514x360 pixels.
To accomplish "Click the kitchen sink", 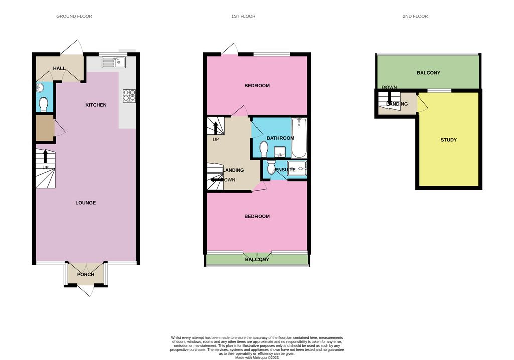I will pyautogui.click(x=113, y=62).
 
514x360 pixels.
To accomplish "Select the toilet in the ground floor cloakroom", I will pyautogui.click(x=44, y=104).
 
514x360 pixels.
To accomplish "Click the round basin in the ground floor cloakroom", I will pyautogui.click(x=41, y=88).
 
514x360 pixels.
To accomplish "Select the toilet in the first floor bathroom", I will pyautogui.click(x=264, y=149).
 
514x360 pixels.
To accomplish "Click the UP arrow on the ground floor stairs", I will pyautogui.click(x=45, y=155).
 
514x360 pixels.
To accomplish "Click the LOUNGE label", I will pyautogui.click(x=85, y=203).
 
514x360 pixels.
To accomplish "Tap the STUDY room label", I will pyautogui.click(x=448, y=140).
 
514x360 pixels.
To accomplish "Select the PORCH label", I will pyautogui.click(x=85, y=274).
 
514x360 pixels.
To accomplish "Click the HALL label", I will pyautogui.click(x=60, y=68).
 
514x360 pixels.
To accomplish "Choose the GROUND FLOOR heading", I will pyautogui.click(x=74, y=16).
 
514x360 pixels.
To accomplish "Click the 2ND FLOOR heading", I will pyautogui.click(x=415, y=16).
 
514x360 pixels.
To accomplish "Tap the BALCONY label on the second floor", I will pyautogui.click(x=428, y=73).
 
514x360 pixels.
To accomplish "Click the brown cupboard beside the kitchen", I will pyautogui.click(x=45, y=128).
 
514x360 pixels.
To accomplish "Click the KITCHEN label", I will pyautogui.click(x=96, y=105).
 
